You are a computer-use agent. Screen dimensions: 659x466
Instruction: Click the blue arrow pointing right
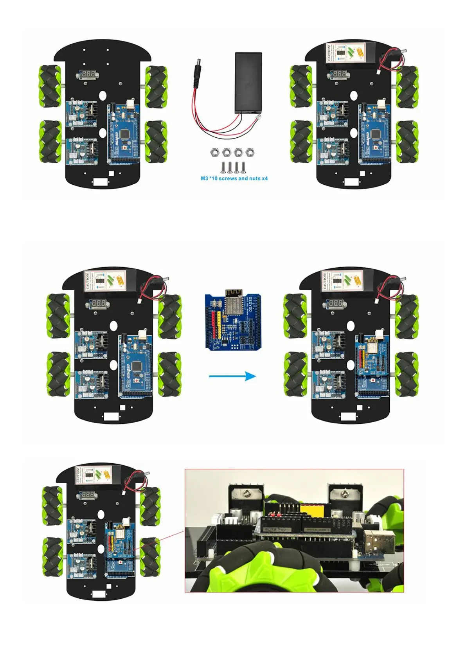pyautogui.click(x=232, y=376)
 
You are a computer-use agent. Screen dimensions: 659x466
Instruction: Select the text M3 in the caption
pyautogui.click(x=204, y=178)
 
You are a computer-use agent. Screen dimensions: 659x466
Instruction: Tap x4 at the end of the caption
pyautogui.click(x=264, y=178)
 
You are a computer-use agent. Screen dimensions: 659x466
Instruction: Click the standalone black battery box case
pyautogui.click(x=248, y=83)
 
